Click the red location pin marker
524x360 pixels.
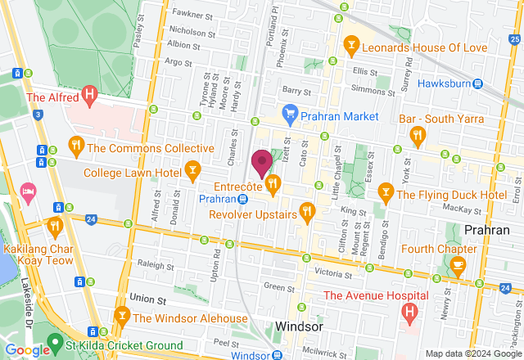click(262, 163)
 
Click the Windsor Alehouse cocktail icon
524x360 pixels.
click(122, 315)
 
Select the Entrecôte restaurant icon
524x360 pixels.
click(273, 183)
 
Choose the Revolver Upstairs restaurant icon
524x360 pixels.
click(307, 212)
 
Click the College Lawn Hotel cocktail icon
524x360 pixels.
click(192, 170)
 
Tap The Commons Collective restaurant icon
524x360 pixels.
click(75, 146)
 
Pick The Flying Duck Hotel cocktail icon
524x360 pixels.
click(385, 192)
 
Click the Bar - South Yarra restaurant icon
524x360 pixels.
click(417, 134)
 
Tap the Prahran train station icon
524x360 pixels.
click(243, 199)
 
